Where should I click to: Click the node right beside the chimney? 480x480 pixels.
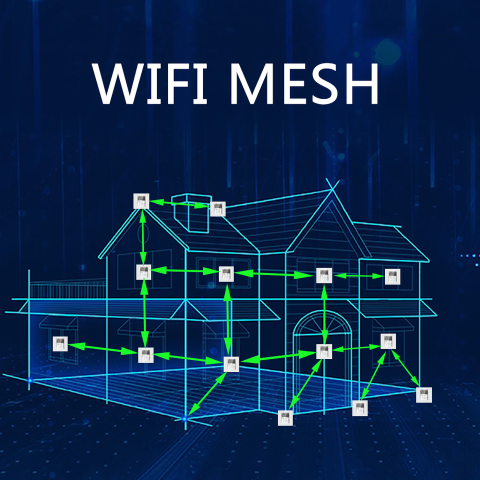coord(218,209)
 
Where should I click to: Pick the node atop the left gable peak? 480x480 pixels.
coord(141,201)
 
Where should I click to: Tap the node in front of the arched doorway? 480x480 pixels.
coord(324,351)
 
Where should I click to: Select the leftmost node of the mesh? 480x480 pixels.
coord(60,344)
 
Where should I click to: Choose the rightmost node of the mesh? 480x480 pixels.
coord(423,394)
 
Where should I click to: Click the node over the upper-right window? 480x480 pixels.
coord(392,276)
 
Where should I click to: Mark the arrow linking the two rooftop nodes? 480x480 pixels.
coord(179,203)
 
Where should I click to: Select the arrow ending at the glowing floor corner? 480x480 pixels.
coord(206,392)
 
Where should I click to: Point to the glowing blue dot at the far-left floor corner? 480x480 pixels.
coord(29,381)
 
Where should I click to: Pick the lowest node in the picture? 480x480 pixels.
coord(285,417)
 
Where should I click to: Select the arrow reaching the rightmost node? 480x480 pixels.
coord(405,368)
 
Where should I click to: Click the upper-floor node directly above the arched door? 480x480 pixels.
coord(324,275)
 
